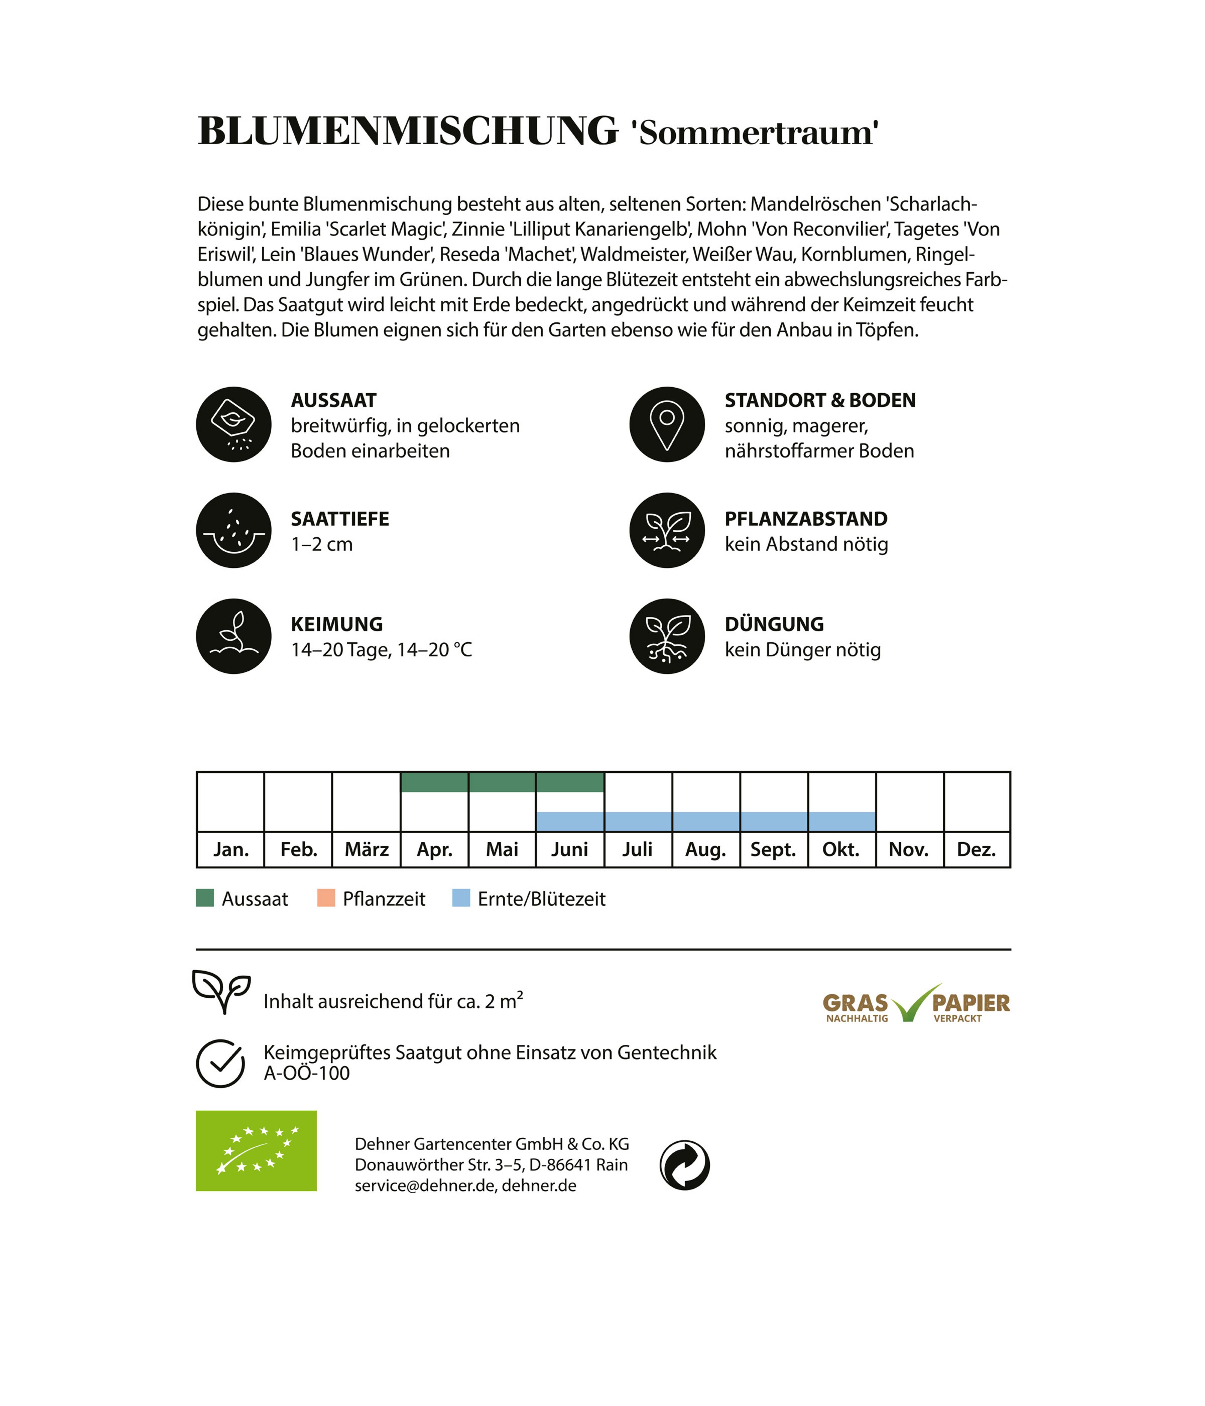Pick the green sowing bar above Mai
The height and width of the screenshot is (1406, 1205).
click(502, 782)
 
